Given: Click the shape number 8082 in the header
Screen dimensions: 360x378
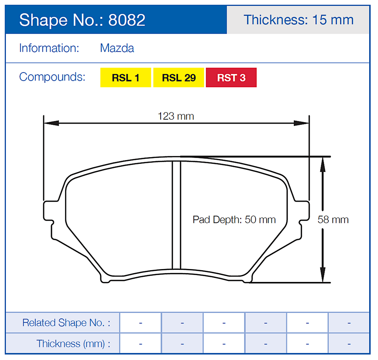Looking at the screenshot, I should point(127,20).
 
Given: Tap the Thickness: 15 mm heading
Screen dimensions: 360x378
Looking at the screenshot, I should point(298,20).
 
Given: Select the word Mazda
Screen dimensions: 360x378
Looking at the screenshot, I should point(117,48).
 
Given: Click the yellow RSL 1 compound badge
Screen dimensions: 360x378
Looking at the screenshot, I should point(126,78).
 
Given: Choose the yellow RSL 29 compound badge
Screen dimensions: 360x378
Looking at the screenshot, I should point(179,78).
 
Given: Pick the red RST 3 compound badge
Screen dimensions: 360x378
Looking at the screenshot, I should point(231,78).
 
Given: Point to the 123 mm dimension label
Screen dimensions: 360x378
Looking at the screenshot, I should point(176,116).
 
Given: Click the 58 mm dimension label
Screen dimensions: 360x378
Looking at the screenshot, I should point(333,220).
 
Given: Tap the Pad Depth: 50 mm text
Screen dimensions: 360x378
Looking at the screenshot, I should point(234,220).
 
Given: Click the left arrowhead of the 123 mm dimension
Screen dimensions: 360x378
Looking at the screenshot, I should point(50,123).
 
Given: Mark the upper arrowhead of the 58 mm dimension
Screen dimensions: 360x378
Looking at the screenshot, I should point(322,163).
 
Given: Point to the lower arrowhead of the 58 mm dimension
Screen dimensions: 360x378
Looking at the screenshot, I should point(322,276).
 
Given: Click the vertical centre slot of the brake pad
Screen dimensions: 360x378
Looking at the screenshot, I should point(176,214).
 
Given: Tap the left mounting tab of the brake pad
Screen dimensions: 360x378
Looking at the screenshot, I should point(49,211).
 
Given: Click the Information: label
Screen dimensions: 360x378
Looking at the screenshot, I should point(49,48).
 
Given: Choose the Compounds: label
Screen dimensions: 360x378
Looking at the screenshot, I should point(52,77).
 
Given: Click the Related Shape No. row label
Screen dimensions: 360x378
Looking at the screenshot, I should point(66,323).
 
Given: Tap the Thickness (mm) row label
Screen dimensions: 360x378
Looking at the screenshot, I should point(73,344).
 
